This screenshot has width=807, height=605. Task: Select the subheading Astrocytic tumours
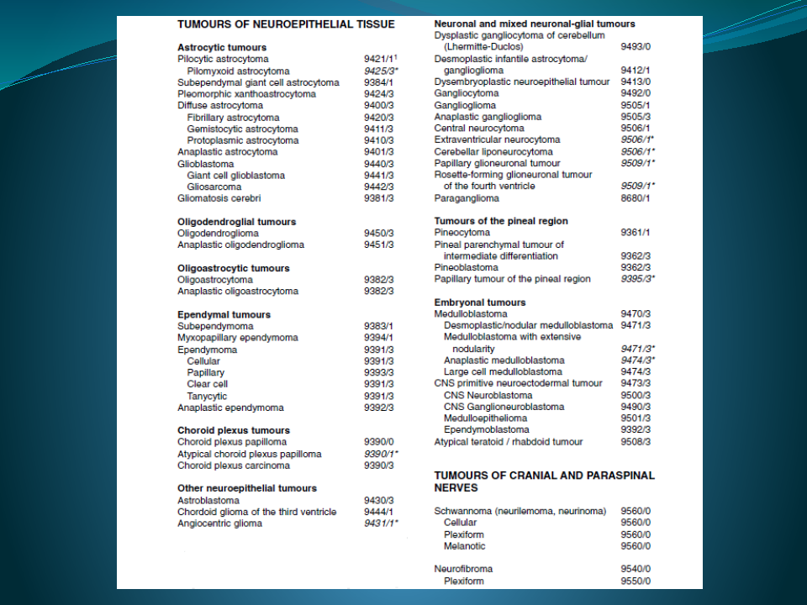[x=222, y=48]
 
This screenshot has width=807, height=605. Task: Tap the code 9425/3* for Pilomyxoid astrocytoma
[x=381, y=71]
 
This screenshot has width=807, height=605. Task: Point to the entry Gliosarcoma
[x=214, y=187]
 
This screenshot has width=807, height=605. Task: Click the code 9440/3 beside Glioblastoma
[x=378, y=164]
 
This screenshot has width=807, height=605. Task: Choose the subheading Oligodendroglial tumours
[x=236, y=222]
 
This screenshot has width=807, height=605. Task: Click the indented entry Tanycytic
[x=207, y=396]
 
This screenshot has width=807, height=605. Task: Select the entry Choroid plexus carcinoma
[x=232, y=466]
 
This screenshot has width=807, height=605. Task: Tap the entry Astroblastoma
[x=207, y=500]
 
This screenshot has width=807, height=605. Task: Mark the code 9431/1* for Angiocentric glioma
[x=381, y=523]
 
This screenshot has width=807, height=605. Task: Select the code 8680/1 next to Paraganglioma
[x=635, y=198]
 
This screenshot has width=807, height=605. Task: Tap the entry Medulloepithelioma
[x=486, y=418]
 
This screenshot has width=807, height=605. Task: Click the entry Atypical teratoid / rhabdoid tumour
[x=509, y=442]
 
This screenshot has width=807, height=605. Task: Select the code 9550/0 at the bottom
[x=636, y=581]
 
